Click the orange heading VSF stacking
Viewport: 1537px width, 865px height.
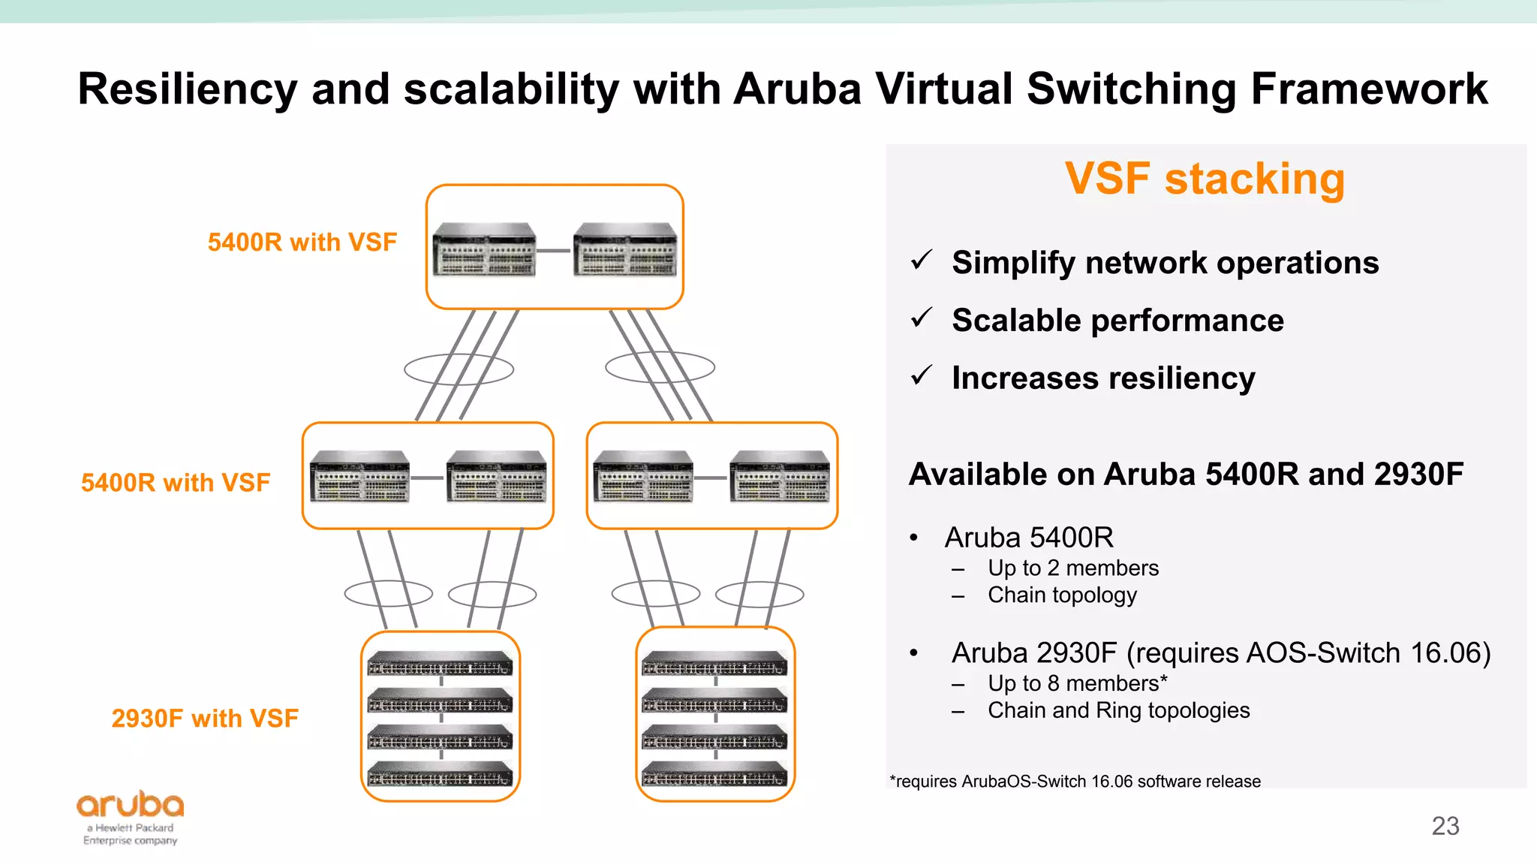(x=1205, y=179)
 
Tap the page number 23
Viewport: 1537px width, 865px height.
(x=1445, y=826)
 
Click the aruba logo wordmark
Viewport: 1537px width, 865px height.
(x=130, y=805)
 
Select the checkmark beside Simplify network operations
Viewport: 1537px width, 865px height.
(x=921, y=261)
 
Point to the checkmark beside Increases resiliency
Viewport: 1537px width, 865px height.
(x=921, y=375)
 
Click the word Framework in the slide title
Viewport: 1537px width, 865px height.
(x=1369, y=89)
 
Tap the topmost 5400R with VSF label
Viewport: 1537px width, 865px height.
(x=302, y=243)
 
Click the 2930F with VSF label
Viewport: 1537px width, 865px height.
(x=205, y=719)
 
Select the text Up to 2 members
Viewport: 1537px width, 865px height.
(x=1072, y=568)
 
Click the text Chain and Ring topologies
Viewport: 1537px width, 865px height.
(x=1118, y=710)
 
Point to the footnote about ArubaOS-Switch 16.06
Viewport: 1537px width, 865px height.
(x=1075, y=782)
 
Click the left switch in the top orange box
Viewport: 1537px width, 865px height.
(x=485, y=250)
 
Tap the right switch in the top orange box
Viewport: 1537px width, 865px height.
(x=624, y=250)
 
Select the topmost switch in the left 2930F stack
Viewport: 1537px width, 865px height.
(x=440, y=664)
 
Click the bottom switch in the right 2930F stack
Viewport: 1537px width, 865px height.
(x=714, y=774)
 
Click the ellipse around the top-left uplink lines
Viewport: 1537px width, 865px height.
(x=459, y=369)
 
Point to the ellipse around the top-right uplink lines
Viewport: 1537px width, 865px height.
(x=660, y=367)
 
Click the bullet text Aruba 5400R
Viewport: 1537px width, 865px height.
(x=1029, y=538)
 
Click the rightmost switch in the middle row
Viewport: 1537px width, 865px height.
(x=780, y=476)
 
